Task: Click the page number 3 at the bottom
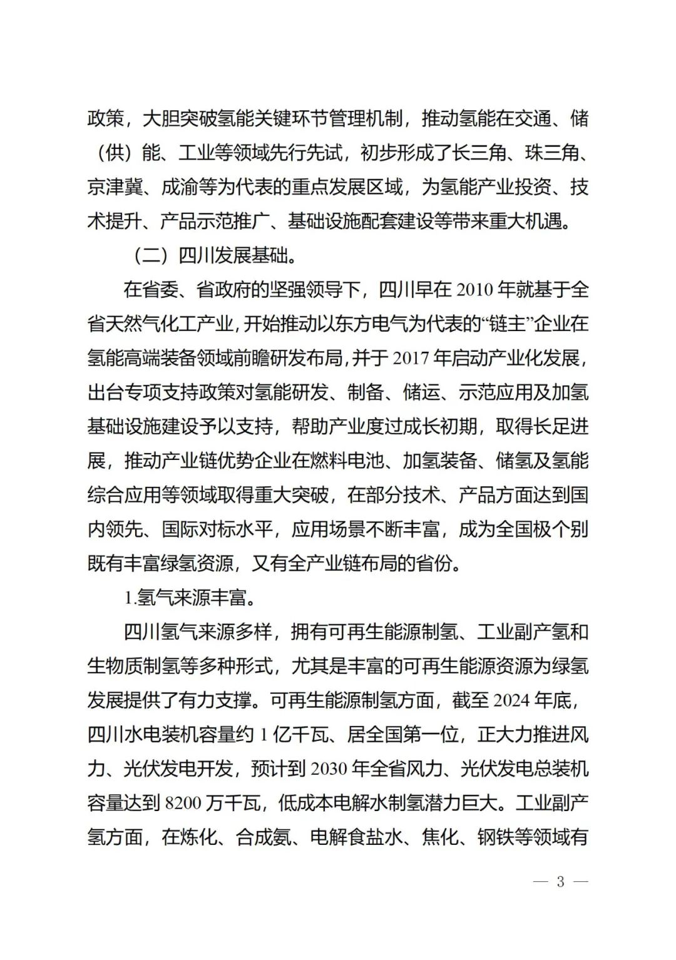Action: click(x=560, y=882)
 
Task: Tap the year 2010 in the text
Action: click(x=477, y=290)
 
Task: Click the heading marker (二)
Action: click(x=150, y=256)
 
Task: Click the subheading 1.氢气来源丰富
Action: click(x=190, y=598)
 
